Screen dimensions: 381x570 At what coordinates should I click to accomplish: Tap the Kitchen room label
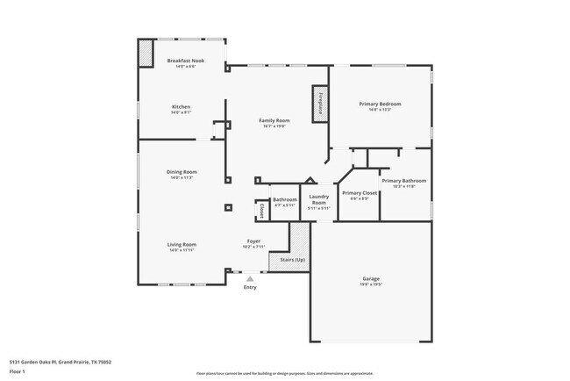click(180, 107)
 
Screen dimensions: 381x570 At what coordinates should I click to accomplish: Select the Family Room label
click(274, 120)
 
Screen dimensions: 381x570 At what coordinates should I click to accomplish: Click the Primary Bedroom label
click(380, 104)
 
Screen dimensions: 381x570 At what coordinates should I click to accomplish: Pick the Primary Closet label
click(359, 193)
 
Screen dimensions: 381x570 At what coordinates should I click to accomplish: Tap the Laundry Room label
click(319, 199)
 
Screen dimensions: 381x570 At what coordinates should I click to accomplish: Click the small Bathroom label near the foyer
click(285, 199)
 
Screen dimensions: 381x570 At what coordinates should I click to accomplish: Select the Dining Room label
click(182, 172)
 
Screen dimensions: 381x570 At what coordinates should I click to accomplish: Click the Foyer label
click(253, 241)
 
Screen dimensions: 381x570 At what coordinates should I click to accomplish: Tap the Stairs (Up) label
click(292, 260)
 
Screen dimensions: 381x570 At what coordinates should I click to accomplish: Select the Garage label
click(371, 279)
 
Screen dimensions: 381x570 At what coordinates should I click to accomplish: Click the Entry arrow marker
click(250, 279)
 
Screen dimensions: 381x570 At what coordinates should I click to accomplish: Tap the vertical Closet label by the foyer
click(261, 211)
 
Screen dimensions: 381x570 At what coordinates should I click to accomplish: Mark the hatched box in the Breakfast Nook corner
click(146, 55)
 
